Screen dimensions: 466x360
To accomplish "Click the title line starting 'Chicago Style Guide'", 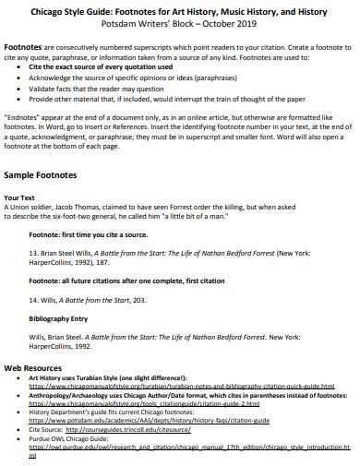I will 179,10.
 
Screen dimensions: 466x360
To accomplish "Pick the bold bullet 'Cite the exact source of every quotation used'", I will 100,68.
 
